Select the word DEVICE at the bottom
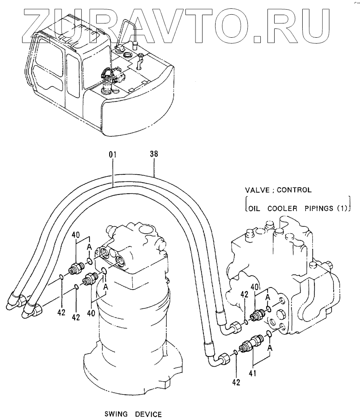click(x=148, y=414)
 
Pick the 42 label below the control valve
click(x=237, y=382)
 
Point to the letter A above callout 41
click(x=270, y=347)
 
